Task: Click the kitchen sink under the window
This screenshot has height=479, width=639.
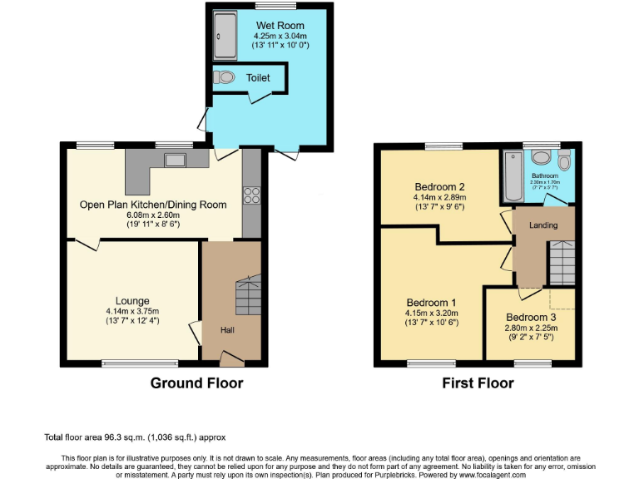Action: [176, 160]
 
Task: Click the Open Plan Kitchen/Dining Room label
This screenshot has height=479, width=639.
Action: [153, 205]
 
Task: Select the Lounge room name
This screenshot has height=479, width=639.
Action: [133, 301]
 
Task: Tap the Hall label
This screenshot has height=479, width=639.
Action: [227, 330]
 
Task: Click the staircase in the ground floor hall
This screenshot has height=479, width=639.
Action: [249, 295]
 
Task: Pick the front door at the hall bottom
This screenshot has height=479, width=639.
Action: [232, 358]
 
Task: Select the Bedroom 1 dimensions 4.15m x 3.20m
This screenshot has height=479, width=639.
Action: [431, 314]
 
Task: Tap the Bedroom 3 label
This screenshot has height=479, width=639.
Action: [531, 318]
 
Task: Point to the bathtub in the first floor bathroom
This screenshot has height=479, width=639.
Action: [513, 177]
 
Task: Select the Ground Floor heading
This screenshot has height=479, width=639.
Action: [196, 383]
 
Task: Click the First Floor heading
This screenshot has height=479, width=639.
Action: [478, 383]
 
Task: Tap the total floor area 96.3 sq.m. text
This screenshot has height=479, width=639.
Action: [134, 437]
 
